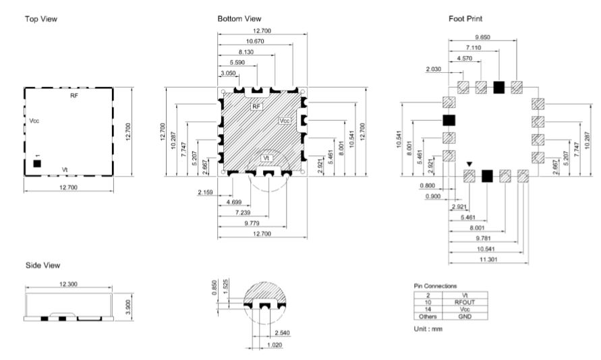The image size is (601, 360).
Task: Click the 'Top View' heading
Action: pyautogui.click(x=41, y=19)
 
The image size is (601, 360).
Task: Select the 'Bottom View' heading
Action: pyautogui.click(x=239, y=19)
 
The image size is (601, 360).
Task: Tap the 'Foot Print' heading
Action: pyautogui.click(x=465, y=19)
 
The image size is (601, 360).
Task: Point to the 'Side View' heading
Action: pyautogui.click(x=43, y=266)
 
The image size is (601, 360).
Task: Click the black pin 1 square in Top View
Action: pyautogui.click(x=37, y=164)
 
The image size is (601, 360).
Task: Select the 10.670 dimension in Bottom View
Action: pyautogui.click(x=255, y=41)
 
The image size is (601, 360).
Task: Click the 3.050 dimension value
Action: pyautogui.click(x=228, y=73)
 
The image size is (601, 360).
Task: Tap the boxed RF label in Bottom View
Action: pyautogui.click(x=256, y=107)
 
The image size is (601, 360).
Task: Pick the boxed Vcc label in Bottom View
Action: pyautogui.click(x=285, y=121)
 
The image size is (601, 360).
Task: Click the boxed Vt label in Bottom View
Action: pyautogui.click(x=266, y=158)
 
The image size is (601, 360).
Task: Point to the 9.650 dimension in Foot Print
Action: pyautogui.click(x=482, y=37)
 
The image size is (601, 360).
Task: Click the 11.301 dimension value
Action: pyautogui.click(x=488, y=260)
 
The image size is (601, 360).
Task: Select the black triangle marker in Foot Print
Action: pyautogui.click(x=469, y=164)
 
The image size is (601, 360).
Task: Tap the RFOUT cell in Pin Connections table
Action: pyautogui.click(x=465, y=302)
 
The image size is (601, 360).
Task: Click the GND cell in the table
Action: pyautogui.click(x=465, y=316)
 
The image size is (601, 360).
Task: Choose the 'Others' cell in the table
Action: pyautogui.click(x=428, y=316)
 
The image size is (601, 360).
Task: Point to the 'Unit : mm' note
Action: pyautogui.click(x=428, y=329)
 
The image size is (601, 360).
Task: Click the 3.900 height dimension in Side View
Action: pyautogui.click(x=128, y=307)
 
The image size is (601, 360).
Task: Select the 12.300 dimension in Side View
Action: pyautogui.click(x=68, y=284)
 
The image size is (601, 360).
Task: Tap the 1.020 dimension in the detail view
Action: pyautogui.click(x=275, y=345)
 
